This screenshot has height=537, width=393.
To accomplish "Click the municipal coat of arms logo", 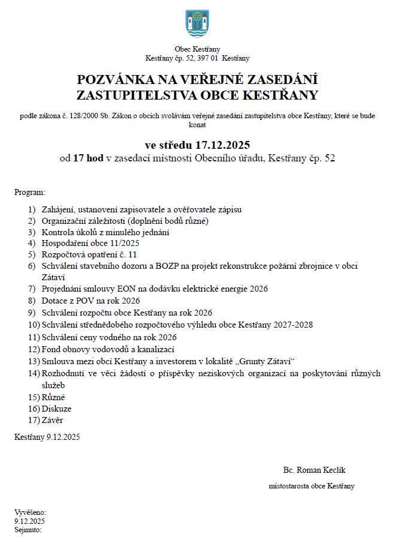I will (197, 24).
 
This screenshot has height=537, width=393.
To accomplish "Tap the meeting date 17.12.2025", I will (219, 145).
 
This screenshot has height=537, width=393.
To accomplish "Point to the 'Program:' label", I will (30, 193).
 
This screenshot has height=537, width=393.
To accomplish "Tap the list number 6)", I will (32, 265).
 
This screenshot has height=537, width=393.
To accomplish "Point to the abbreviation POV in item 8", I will (80, 301).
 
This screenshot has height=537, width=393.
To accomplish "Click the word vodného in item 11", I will (113, 337).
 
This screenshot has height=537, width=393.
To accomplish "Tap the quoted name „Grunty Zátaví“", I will (268, 361).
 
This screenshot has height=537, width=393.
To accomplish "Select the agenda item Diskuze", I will (56, 409).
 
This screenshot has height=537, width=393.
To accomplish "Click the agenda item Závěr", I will (52, 421).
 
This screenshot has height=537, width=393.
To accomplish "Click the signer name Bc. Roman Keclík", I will (315, 470).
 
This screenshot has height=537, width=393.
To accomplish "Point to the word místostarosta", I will (289, 486).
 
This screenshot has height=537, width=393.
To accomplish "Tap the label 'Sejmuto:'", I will (28, 530).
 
